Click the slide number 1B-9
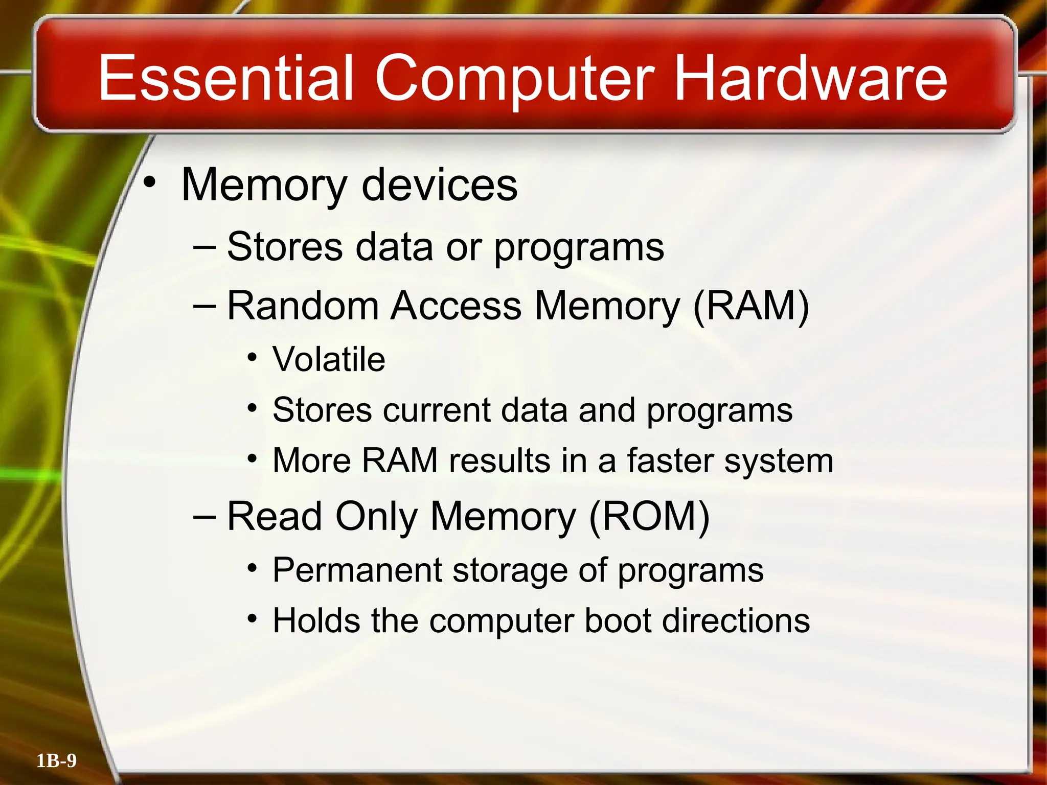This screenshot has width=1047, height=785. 56,761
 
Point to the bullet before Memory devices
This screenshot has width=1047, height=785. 149,183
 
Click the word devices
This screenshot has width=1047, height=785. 439,185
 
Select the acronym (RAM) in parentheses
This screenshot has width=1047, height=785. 751,306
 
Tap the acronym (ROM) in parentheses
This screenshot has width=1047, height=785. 649,516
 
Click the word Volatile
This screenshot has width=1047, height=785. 329,359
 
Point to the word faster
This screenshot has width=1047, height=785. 670,460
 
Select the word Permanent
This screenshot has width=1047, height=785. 357,570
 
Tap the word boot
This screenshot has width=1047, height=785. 617,621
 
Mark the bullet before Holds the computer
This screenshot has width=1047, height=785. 252,619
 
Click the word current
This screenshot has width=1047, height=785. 436,410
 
